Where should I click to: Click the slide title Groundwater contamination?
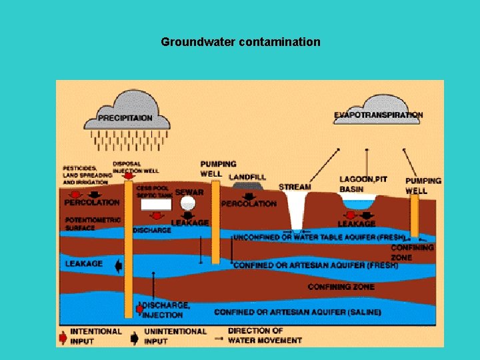pos(240,42)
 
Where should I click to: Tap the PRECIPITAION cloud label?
pos(125,118)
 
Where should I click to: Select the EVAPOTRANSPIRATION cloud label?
pos(378,115)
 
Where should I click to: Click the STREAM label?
pos(295,187)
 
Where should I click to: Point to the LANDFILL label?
pos(247,177)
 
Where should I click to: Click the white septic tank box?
pos(155,204)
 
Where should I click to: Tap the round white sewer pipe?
pos(188,203)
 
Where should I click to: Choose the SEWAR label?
pos(189,193)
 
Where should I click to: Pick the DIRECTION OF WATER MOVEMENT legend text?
pos(265,335)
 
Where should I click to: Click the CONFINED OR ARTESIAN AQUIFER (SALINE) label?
pos(297,312)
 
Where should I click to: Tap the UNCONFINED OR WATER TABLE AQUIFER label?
pos(319,237)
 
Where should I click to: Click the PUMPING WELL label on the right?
pos(423,185)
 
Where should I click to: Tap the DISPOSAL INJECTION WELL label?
pos(137,167)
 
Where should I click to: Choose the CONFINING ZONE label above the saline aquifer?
pos(341,287)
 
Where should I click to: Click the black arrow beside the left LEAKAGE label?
pos(119,266)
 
